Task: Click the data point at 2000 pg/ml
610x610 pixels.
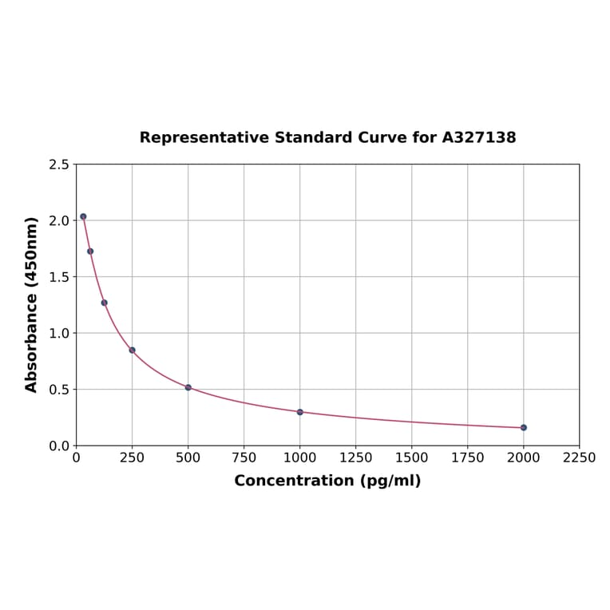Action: pyautogui.click(x=524, y=427)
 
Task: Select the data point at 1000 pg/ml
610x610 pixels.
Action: pyautogui.click(x=300, y=412)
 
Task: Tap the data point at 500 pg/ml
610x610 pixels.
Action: pyautogui.click(x=188, y=387)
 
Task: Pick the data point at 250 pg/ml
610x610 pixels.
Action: pyautogui.click(x=133, y=350)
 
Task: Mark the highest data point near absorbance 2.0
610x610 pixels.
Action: pyautogui.click(x=83, y=216)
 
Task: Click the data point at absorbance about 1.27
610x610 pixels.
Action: pyautogui.click(x=105, y=303)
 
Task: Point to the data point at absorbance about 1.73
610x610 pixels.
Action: pyautogui.click(x=90, y=252)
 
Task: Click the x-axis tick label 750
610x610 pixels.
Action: pyautogui.click(x=244, y=457)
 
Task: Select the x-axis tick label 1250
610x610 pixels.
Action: pyautogui.click(x=356, y=457)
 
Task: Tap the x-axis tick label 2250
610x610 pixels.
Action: pyautogui.click(x=580, y=457)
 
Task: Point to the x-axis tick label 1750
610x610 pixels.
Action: pyautogui.click(x=468, y=457)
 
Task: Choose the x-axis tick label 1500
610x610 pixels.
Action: pyautogui.click(x=412, y=457)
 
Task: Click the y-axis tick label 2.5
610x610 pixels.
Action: pyautogui.click(x=59, y=164)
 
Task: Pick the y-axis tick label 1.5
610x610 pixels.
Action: pyautogui.click(x=59, y=277)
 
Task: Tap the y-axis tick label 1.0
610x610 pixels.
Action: pyautogui.click(x=59, y=333)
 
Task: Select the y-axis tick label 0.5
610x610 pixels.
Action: pyautogui.click(x=59, y=390)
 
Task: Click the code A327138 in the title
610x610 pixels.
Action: pyautogui.click(x=479, y=137)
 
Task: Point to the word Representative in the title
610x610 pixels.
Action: pyautogui.click(x=204, y=137)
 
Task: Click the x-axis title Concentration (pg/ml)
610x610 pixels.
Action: pyautogui.click(x=327, y=481)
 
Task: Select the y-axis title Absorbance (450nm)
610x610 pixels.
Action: pyautogui.click(x=32, y=304)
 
